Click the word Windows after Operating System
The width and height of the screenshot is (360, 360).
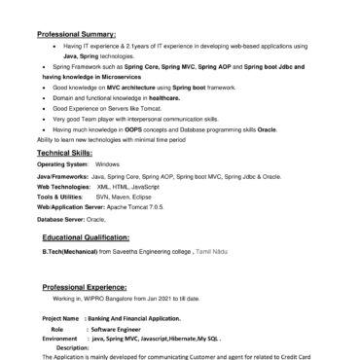pos(107,164)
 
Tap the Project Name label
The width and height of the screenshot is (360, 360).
pos(61,319)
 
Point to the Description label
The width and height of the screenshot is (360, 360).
pos(73,346)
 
